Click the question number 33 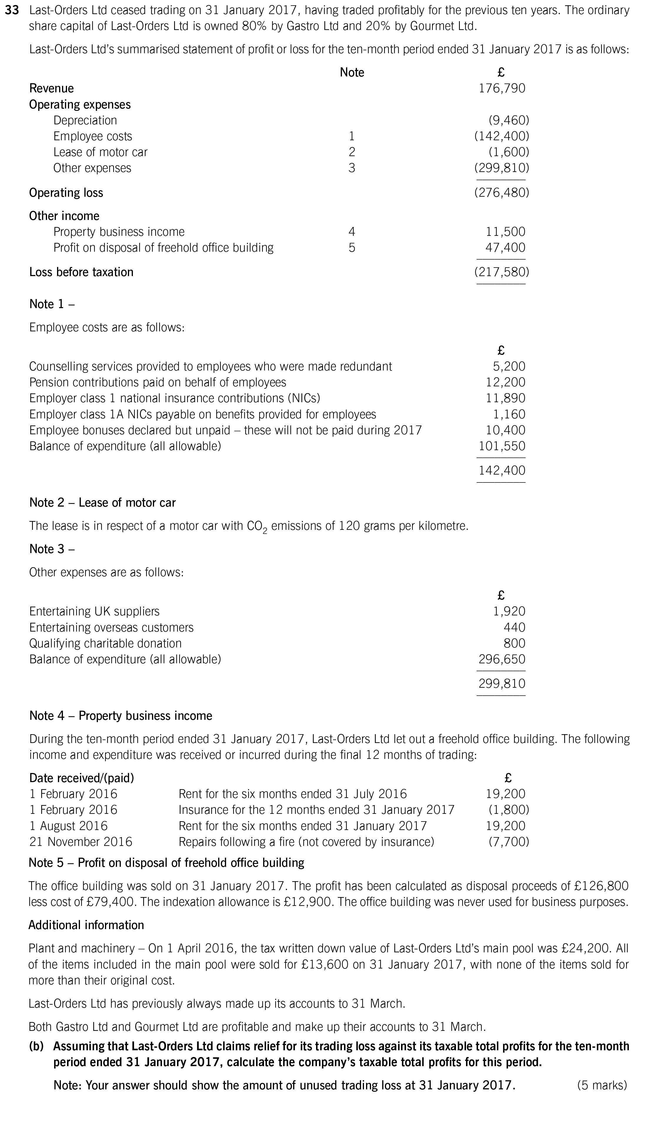pos(12,10)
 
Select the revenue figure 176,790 pos(502,88)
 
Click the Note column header pos(352,73)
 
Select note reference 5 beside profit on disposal pos(352,248)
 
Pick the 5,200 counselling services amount pos(509,366)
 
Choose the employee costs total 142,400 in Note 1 pos(502,470)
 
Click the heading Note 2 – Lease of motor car pos(102,502)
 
